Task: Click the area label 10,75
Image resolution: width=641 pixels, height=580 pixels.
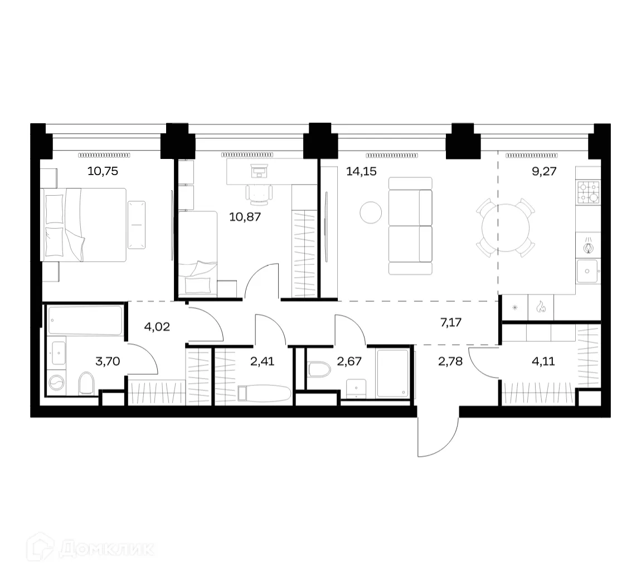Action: tap(103, 171)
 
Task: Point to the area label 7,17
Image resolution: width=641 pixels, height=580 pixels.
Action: tap(451, 322)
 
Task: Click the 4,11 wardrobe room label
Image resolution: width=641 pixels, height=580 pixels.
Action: tap(543, 361)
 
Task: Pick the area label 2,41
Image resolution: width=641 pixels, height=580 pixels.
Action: tap(261, 361)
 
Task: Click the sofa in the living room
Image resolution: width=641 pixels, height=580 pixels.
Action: tap(410, 226)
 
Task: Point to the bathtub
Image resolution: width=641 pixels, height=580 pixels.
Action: tap(85, 320)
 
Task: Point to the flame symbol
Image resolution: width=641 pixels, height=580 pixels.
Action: tap(540, 307)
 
